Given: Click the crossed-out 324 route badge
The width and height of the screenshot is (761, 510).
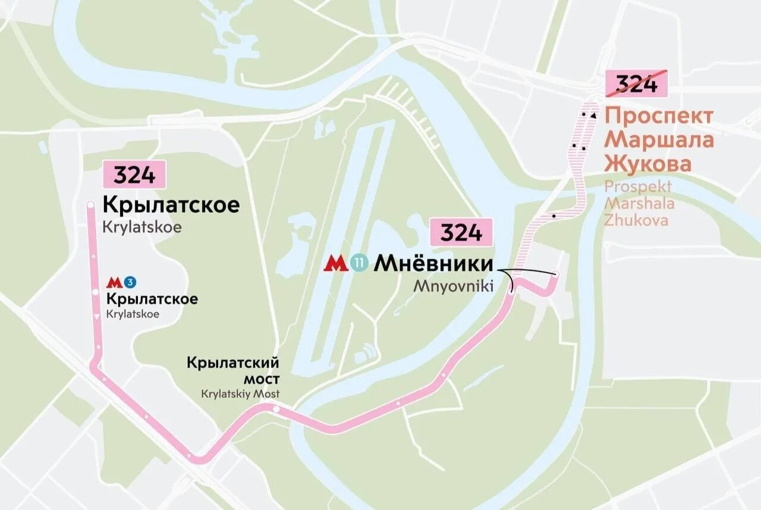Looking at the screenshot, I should [636, 84].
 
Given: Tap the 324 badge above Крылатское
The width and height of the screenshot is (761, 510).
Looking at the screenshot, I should [134, 175].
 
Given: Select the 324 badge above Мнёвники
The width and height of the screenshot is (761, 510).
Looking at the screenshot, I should [461, 232].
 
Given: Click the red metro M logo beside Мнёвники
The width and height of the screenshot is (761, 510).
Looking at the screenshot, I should [336, 263].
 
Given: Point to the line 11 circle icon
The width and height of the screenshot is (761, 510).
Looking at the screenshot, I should [359, 263].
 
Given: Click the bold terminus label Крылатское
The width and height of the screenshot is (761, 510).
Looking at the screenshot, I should [171, 205].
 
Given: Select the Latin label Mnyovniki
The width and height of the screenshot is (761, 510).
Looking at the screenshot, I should [454, 286].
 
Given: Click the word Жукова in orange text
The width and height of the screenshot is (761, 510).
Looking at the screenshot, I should [648, 163].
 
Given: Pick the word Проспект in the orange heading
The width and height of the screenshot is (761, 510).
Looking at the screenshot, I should [658, 116].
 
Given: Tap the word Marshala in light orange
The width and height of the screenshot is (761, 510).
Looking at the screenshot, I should [639, 203].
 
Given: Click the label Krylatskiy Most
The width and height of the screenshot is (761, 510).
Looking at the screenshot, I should [240, 393].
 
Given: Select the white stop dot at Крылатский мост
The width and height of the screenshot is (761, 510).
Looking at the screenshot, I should [276, 409].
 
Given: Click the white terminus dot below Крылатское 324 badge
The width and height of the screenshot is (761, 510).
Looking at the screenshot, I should [90, 205].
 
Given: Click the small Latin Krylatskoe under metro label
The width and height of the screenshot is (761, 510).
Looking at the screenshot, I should [133, 314].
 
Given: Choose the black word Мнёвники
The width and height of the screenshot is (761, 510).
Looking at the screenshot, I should [433, 263].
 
